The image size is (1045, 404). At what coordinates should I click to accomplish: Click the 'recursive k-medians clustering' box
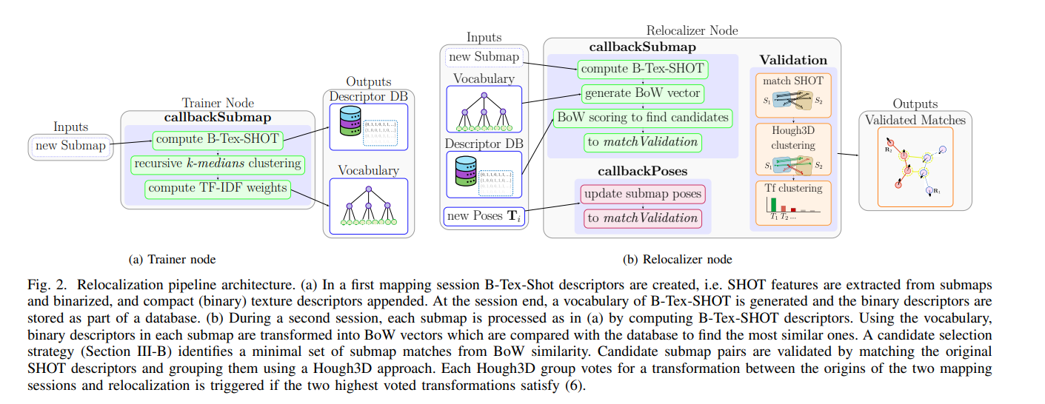click(217, 163)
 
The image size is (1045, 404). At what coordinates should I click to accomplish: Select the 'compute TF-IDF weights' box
click(217, 188)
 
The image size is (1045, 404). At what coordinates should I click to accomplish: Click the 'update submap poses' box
click(642, 195)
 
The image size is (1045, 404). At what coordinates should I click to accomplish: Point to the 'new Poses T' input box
click(484, 216)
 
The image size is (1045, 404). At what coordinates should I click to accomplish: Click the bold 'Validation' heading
click(793, 60)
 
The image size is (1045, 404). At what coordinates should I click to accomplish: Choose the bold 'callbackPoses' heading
click(642, 171)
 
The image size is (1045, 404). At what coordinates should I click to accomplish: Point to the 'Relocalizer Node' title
click(692, 31)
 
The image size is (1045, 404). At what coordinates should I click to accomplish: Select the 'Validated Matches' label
click(915, 120)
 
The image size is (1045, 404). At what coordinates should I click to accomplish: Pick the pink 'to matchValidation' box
click(642, 218)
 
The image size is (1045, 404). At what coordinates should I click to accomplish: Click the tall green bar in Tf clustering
click(774, 204)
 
